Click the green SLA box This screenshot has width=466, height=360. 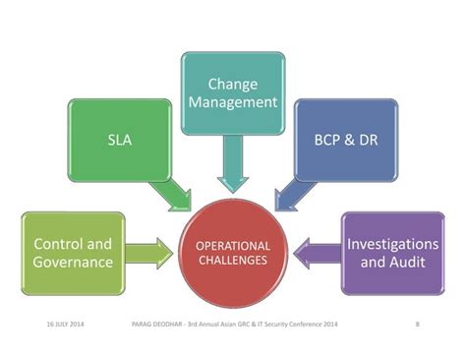coord(120,139)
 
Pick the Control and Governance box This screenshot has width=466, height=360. coord(73,253)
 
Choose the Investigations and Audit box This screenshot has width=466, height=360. coord(392,253)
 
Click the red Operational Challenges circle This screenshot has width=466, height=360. coord(233,253)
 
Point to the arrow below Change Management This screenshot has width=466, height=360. coord(232,162)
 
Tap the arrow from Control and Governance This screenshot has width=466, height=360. coord(150,253)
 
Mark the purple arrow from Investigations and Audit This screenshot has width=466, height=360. coord(317,253)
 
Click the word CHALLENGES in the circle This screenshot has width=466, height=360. coord(233,261)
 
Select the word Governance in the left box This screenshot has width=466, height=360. coord(73,263)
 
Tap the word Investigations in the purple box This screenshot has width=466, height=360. coord(392,243)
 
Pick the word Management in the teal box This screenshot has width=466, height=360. coord(232,102)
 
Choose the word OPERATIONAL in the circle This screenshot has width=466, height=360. coord(233,245)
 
